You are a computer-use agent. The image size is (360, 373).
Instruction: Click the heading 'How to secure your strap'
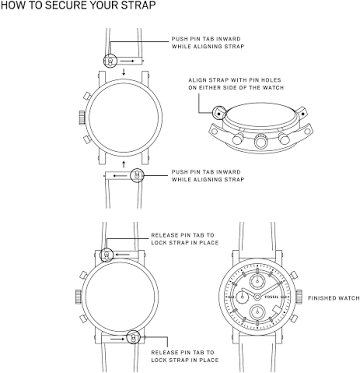(78, 6)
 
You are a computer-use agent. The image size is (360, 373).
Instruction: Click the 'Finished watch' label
(333, 298)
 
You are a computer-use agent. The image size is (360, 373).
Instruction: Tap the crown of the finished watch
(299, 297)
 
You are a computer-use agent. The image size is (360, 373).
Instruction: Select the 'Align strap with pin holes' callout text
(236, 84)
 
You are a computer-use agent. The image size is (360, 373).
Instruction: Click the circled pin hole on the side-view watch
(219, 113)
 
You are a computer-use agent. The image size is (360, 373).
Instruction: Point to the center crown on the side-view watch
(261, 141)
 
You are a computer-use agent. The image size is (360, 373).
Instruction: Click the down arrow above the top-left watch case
(124, 72)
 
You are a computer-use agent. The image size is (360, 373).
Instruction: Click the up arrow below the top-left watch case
(124, 164)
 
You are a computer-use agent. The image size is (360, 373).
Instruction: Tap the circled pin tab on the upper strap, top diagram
(110, 61)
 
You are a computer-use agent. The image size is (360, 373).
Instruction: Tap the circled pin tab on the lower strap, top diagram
(137, 175)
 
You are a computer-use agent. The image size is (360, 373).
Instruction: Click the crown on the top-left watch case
(82, 118)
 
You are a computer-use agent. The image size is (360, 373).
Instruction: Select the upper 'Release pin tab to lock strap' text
(185, 239)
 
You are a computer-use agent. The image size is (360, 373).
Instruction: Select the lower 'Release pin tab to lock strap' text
(185, 356)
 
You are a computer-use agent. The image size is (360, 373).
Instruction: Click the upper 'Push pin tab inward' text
(208, 42)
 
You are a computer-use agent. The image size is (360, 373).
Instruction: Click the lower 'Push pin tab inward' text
(208, 176)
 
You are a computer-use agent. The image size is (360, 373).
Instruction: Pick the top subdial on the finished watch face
(258, 281)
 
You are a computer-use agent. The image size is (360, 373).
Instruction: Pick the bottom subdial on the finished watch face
(258, 312)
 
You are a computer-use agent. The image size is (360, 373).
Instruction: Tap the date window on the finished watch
(276, 311)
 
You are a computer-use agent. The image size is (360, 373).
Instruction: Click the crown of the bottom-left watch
(78, 297)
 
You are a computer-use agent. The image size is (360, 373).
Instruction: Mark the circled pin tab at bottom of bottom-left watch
(133, 337)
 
